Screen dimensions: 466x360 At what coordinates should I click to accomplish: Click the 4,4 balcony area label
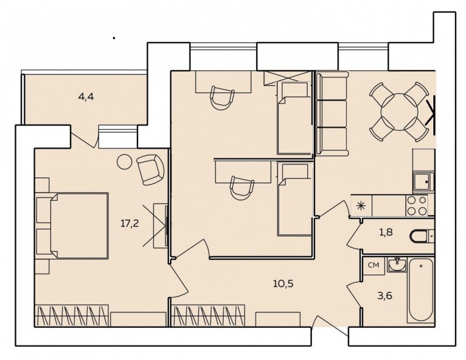[x=86, y=97]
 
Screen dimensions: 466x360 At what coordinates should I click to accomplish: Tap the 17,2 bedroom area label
[x=129, y=223]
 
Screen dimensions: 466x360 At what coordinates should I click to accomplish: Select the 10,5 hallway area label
[x=283, y=284]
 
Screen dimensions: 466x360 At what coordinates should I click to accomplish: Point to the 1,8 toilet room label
[x=386, y=232]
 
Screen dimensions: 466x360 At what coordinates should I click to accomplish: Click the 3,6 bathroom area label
[x=385, y=295]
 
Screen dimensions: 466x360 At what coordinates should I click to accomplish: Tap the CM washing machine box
[x=373, y=265]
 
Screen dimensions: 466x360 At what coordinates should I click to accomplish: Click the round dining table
[x=399, y=112]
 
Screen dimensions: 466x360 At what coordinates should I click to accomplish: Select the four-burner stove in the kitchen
[x=417, y=205]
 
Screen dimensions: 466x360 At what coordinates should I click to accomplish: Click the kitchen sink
[x=423, y=182]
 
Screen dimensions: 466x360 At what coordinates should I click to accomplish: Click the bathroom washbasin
[x=397, y=265]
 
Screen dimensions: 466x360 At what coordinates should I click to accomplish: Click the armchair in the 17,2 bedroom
[x=150, y=170]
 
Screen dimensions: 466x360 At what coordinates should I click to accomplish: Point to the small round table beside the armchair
[x=124, y=162]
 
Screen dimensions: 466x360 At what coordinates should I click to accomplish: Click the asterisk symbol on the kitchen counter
[x=361, y=205]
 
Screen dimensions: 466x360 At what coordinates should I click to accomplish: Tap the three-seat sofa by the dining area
[x=332, y=114]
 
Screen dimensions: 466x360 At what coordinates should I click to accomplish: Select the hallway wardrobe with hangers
[x=209, y=316]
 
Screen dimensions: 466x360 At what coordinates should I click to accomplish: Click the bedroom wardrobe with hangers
[x=71, y=316]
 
